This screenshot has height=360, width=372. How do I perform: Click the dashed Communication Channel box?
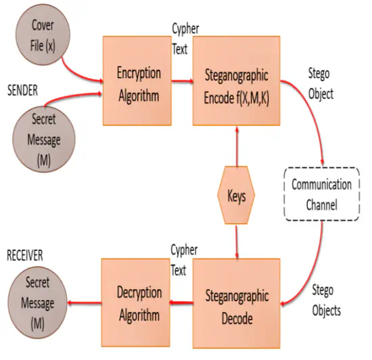pyautogui.click(x=321, y=194)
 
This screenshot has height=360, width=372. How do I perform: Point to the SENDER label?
pyautogui.click(x=22, y=90)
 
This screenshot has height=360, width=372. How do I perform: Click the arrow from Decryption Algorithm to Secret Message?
pyautogui.click(x=84, y=302)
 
